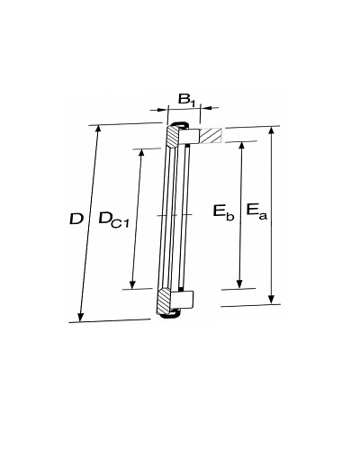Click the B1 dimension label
[186, 99]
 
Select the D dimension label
[76, 219]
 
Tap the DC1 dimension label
[113, 220]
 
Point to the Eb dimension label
[223, 211]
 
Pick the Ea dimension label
[256, 211]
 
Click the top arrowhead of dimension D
[97, 130]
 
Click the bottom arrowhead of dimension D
[80, 317]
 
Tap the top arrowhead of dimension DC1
[141, 153]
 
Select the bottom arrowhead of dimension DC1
[132, 284]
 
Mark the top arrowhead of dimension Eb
[242, 146]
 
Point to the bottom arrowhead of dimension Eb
[239, 283]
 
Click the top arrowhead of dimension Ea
[272, 131]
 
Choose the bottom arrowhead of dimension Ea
[271, 300]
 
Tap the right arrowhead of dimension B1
[204, 107]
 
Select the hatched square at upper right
[211, 136]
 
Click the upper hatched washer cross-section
[173, 136]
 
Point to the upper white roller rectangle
[190, 137]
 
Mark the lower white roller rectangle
[182, 300]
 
